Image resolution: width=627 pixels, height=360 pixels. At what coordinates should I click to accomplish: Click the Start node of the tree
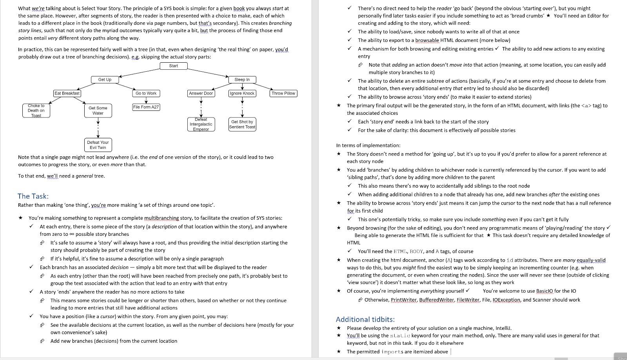click(x=173, y=66)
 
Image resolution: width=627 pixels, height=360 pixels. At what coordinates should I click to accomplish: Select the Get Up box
click(x=105, y=80)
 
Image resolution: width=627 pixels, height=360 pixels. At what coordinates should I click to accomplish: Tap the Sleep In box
click(x=242, y=80)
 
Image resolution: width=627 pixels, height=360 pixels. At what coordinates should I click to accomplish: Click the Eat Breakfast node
click(x=67, y=93)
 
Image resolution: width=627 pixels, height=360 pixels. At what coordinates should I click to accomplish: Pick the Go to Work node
click(x=146, y=93)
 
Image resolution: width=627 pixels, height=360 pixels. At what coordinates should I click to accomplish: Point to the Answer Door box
click(x=201, y=93)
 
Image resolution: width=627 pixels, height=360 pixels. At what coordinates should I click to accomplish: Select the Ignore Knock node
click(x=242, y=93)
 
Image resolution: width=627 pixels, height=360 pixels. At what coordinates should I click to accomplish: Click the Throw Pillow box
click(x=283, y=93)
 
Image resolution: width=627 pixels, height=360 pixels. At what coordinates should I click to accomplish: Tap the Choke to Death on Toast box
click(x=36, y=110)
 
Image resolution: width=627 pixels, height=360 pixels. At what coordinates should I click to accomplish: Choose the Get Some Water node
click(x=98, y=110)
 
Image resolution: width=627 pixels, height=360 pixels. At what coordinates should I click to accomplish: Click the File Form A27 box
click(x=146, y=107)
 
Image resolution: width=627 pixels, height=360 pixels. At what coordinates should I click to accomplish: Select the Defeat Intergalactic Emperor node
click(x=201, y=124)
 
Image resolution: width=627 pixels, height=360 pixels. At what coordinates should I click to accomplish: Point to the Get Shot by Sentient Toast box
click(x=242, y=124)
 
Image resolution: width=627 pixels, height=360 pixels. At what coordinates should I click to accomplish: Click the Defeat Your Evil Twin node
click(x=98, y=145)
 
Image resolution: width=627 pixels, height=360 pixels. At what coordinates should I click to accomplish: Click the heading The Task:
click(x=33, y=196)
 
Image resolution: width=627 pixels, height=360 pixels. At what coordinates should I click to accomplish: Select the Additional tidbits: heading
click(x=365, y=319)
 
